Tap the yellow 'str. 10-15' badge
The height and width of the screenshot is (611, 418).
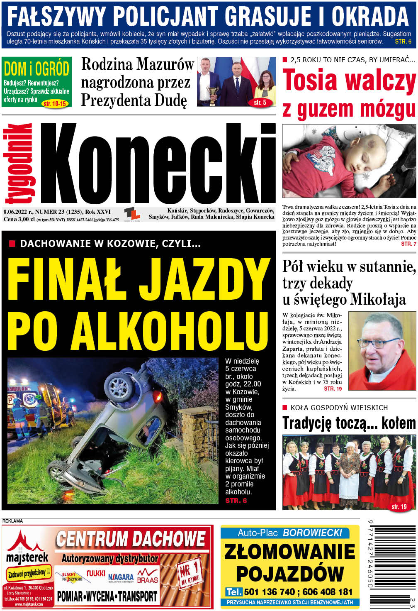[x=55, y=104]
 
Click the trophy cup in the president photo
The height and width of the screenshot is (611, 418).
[x=213, y=92]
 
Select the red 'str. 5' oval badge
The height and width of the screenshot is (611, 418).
[x=260, y=102]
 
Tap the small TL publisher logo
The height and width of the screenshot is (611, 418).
[x=132, y=214]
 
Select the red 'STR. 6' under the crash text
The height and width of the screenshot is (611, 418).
[x=236, y=501]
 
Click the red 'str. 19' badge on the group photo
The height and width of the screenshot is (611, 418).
[x=399, y=507]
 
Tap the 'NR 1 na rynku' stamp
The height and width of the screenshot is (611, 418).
[x=189, y=574]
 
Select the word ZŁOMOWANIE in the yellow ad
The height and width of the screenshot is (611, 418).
[x=290, y=552]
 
